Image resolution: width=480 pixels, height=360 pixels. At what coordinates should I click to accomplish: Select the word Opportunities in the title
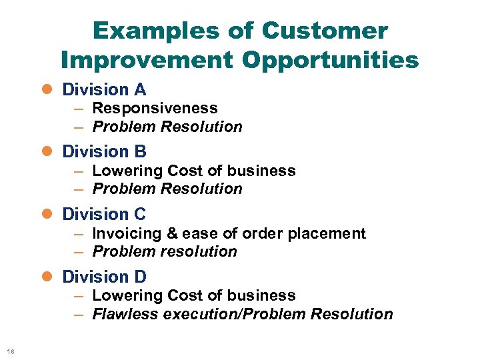pos(331,60)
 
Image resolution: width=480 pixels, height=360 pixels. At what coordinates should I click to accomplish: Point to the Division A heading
pos(104,89)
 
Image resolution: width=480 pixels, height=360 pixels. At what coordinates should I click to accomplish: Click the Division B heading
pos(104,152)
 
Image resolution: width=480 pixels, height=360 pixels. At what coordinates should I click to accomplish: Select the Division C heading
pos(104,214)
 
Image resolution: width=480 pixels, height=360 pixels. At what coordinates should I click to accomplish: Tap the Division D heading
pos(104,277)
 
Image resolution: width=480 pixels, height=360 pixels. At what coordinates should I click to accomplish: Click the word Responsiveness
pos(155,108)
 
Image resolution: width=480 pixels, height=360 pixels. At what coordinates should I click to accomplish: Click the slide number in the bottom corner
pos(10,351)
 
